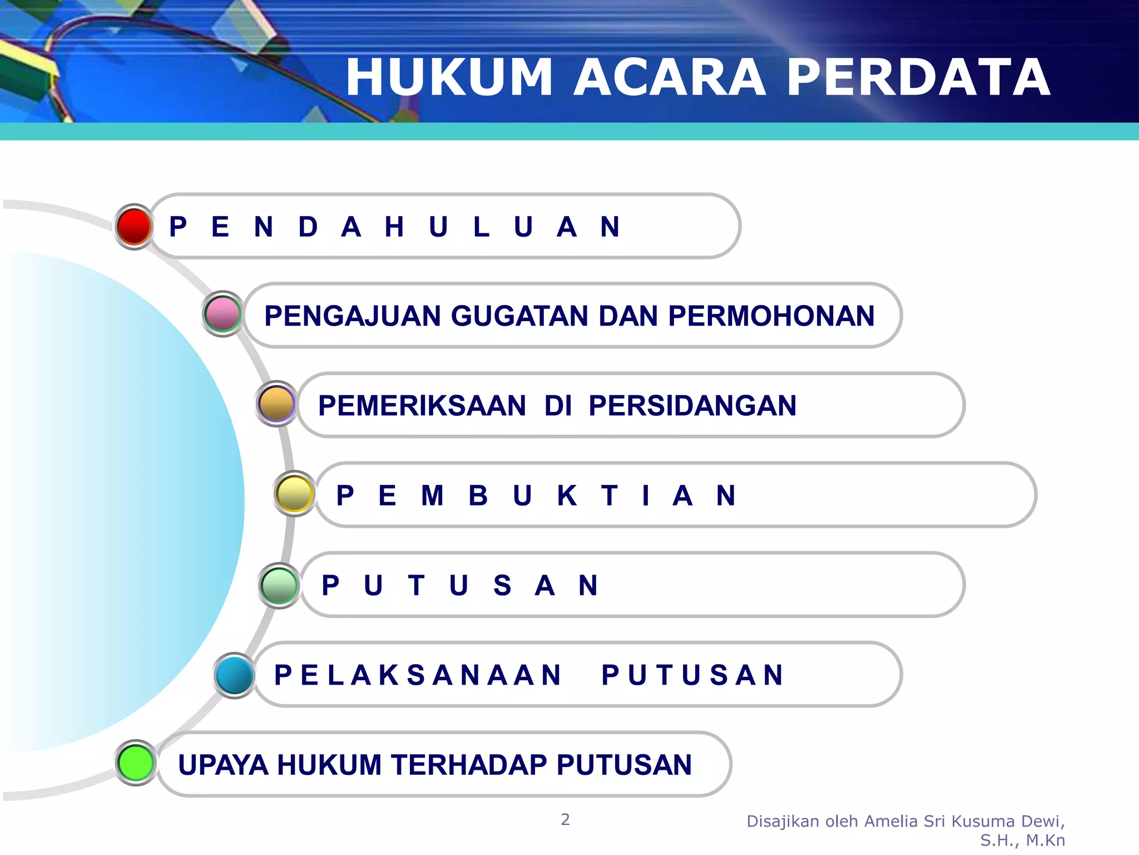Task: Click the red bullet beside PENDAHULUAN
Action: (134, 227)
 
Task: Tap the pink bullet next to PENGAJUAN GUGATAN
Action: (222, 314)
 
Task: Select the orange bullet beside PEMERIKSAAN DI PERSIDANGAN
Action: (276, 404)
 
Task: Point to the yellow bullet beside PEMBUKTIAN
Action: (294, 493)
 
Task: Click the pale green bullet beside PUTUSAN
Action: (279, 585)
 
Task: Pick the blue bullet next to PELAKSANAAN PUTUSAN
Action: (234, 675)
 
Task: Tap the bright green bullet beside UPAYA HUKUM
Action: (136, 763)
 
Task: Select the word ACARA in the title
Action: (670, 77)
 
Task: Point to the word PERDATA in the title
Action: (918, 77)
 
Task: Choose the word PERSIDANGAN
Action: (692, 406)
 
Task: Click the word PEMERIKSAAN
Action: (422, 406)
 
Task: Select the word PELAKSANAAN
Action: (418, 675)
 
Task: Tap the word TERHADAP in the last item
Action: (469, 765)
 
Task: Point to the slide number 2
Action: (565, 819)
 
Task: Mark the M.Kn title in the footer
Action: (1046, 841)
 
